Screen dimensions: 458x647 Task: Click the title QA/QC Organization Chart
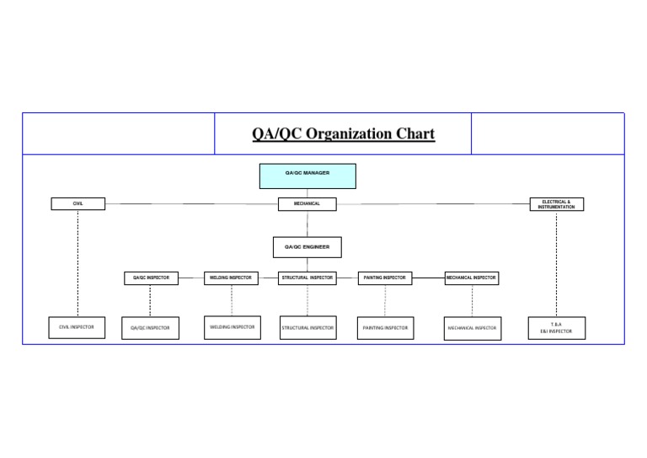click(343, 134)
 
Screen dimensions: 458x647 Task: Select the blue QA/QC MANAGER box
click(307, 175)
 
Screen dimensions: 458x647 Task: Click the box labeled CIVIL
click(78, 203)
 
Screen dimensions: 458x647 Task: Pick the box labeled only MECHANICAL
click(307, 203)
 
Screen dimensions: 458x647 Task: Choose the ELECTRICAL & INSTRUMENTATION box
click(556, 204)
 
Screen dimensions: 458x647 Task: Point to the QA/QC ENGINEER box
click(307, 247)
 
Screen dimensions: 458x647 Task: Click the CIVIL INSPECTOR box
click(77, 327)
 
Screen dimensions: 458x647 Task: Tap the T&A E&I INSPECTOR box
click(556, 328)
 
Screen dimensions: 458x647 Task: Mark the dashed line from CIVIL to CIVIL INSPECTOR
click(78, 261)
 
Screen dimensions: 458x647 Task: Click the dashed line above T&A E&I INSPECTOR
click(556, 261)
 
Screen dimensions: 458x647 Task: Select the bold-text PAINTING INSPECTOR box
click(385, 277)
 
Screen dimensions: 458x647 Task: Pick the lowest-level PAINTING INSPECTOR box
click(385, 328)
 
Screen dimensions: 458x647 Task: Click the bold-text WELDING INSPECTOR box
click(231, 277)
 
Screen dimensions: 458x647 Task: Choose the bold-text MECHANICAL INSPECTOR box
click(472, 277)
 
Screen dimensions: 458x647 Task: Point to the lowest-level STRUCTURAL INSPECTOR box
click(307, 328)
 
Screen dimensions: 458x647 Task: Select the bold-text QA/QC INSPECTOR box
click(151, 277)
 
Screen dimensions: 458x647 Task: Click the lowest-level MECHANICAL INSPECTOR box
click(472, 328)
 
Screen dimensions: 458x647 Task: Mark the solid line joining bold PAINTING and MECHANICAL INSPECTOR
click(429, 277)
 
